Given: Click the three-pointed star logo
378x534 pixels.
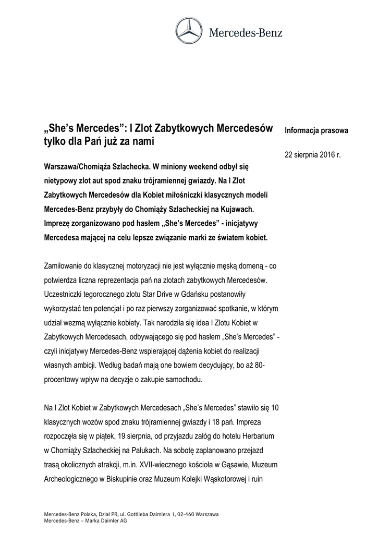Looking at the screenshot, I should pos(189,32).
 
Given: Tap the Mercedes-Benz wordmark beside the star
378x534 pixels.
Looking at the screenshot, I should pos(246,33).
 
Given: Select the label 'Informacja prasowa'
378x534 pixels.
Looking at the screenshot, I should pos(316,130).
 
